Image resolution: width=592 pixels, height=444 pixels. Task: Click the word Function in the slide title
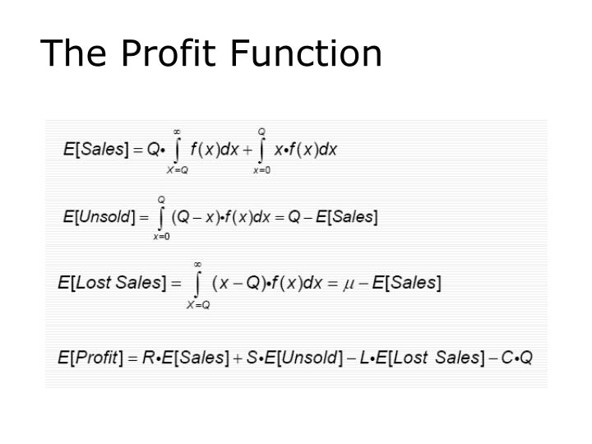click(x=306, y=54)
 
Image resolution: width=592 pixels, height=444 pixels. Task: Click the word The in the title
click(x=74, y=54)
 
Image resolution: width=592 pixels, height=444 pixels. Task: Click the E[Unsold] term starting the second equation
click(x=99, y=217)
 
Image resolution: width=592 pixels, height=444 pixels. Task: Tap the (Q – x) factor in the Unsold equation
click(x=192, y=217)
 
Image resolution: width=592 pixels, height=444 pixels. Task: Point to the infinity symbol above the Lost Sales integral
click(x=198, y=264)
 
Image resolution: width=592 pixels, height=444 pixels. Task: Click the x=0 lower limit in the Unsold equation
click(x=161, y=237)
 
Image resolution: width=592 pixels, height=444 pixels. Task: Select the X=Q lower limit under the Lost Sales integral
click(x=198, y=304)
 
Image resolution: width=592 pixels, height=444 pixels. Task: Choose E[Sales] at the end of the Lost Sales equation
click(x=407, y=284)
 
